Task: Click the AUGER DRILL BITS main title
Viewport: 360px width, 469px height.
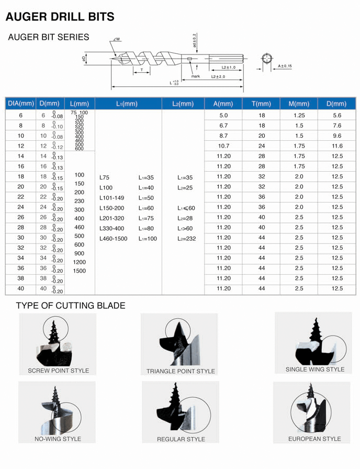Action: (x=60, y=17)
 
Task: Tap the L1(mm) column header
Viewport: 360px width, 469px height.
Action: (x=128, y=104)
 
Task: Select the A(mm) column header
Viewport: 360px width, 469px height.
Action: (x=223, y=104)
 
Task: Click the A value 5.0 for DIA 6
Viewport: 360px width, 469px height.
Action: (x=223, y=115)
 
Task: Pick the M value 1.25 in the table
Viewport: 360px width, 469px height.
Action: (x=299, y=115)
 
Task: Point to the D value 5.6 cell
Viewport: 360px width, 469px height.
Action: (x=337, y=115)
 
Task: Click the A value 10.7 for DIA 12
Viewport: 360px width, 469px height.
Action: (x=223, y=146)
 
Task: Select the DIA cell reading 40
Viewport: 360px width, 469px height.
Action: (x=20, y=288)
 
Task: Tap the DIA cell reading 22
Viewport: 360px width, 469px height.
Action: (x=20, y=197)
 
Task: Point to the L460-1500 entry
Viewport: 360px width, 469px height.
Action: (x=113, y=239)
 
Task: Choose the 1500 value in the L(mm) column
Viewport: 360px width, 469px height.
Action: (x=80, y=271)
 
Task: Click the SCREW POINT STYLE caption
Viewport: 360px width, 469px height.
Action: (x=58, y=371)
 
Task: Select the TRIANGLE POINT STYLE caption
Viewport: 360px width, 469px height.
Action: (x=181, y=371)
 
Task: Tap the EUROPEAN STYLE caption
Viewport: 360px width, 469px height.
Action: (x=314, y=439)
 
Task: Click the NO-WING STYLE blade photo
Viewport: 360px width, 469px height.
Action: (x=57, y=408)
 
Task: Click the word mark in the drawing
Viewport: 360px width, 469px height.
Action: (x=195, y=76)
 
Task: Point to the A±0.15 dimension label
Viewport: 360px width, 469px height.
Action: (x=285, y=66)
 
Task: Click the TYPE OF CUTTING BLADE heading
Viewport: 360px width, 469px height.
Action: (x=71, y=305)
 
